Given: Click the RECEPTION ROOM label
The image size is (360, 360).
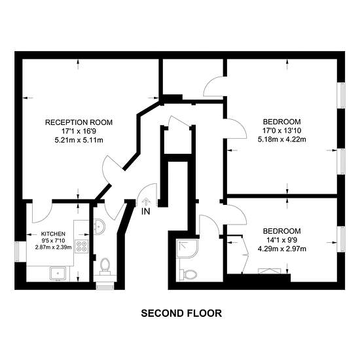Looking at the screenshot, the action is pos(79,122).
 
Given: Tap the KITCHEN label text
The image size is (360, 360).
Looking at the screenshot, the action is pos(53,234).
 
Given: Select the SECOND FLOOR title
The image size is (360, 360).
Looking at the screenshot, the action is pos(181,314).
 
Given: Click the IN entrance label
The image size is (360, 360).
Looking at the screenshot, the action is pos(146,211).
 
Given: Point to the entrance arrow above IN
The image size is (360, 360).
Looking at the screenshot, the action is pos(146,202).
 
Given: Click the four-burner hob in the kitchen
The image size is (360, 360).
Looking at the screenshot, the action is pos(82,246).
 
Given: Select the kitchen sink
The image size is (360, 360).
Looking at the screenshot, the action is pos(58,274).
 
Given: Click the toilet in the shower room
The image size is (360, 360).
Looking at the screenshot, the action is pos(188,274).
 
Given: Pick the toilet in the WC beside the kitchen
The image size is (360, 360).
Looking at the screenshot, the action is pos(105,266).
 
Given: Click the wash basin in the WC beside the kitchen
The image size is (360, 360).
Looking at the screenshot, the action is pos(99,226).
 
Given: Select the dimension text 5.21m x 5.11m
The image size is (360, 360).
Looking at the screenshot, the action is pos(79,140).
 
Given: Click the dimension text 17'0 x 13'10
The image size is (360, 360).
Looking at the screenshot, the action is pos(282,131).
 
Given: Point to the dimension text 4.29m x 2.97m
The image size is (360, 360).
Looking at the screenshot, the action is pos(282,249).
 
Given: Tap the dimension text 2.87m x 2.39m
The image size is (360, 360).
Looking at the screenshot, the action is pos(53,247).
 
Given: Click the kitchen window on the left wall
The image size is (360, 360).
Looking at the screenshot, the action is pos(17,251).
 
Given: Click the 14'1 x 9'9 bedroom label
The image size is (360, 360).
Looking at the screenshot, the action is pos(282,240).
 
